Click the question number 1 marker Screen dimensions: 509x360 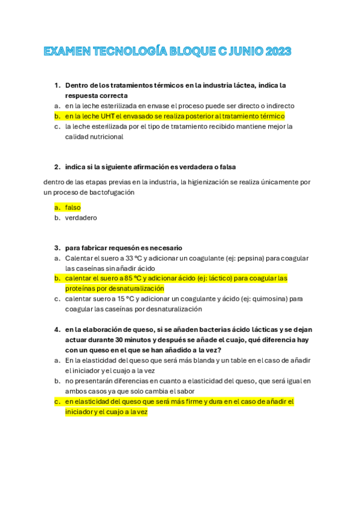click(x=57, y=85)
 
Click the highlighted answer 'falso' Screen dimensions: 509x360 click(x=73, y=207)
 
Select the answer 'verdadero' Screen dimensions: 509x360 click(x=80, y=218)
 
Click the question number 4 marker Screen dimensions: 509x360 click(x=57, y=330)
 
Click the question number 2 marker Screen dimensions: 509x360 click(x=57, y=167)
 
